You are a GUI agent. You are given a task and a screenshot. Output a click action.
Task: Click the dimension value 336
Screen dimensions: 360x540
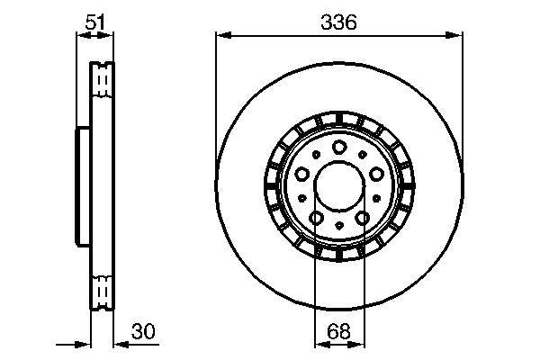pos(339,22)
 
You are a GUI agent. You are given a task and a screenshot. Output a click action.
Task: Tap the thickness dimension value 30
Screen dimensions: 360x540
pos(142,331)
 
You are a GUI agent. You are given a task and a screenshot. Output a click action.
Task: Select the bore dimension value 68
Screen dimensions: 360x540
pos(339,331)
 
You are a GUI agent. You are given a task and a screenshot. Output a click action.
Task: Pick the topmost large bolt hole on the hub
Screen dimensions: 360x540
pos(339,148)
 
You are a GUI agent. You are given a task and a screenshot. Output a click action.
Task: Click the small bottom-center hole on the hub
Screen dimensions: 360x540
pos(339,225)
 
